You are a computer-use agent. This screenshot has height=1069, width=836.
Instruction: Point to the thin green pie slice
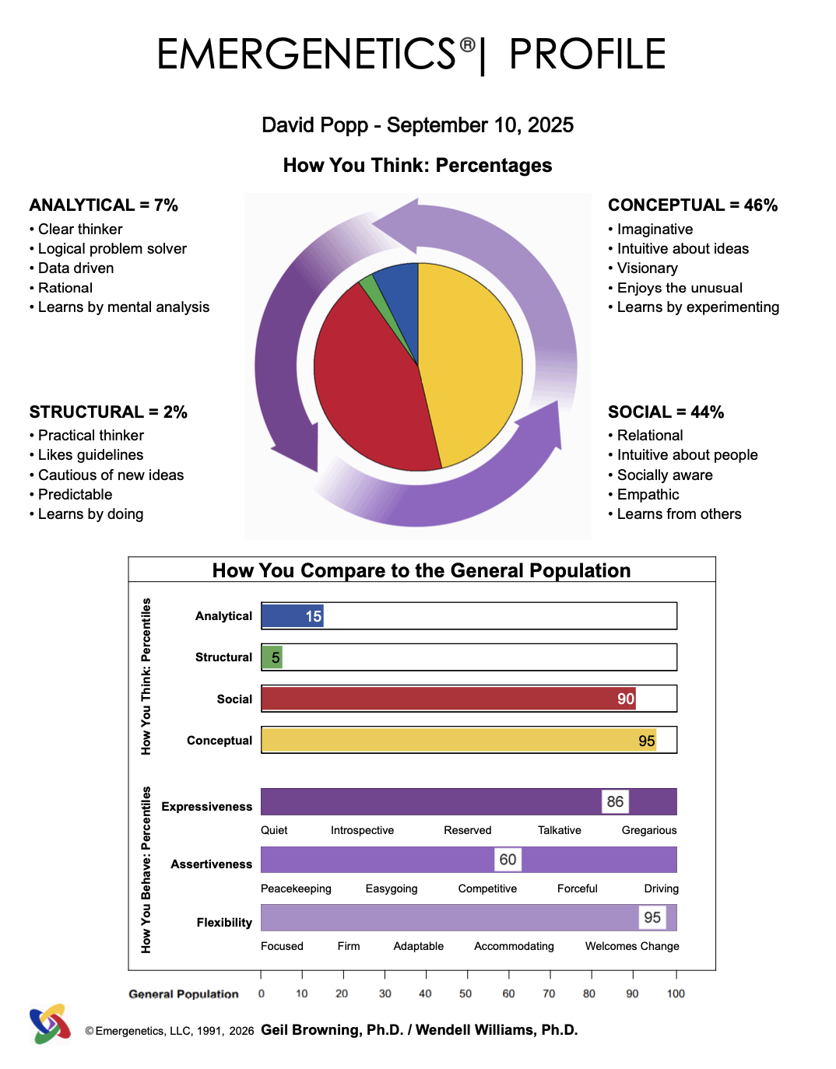(x=374, y=292)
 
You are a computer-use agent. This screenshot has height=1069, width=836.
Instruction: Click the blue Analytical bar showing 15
(x=292, y=615)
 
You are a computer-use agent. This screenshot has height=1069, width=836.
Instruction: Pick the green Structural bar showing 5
(x=272, y=657)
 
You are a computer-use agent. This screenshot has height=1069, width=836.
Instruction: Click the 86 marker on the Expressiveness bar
(x=615, y=801)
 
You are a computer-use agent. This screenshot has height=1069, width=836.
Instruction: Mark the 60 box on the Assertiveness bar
(x=508, y=860)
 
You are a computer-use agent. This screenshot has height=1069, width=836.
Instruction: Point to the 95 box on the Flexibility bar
(x=652, y=917)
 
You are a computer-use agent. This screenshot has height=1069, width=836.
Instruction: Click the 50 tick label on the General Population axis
(x=465, y=994)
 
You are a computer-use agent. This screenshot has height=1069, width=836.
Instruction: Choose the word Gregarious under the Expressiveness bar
(x=648, y=830)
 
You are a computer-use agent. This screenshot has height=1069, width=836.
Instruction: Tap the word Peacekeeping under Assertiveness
(x=296, y=888)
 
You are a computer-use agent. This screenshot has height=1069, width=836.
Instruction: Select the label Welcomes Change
(x=632, y=946)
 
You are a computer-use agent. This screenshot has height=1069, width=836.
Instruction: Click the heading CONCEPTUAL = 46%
(x=693, y=205)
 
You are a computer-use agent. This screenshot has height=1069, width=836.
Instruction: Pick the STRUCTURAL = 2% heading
(x=108, y=412)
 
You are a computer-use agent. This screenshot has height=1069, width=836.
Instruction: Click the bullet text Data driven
(x=76, y=268)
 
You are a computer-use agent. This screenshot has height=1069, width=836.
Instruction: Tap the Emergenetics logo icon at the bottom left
(x=50, y=1024)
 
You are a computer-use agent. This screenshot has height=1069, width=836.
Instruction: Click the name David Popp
(x=314, y=125)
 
